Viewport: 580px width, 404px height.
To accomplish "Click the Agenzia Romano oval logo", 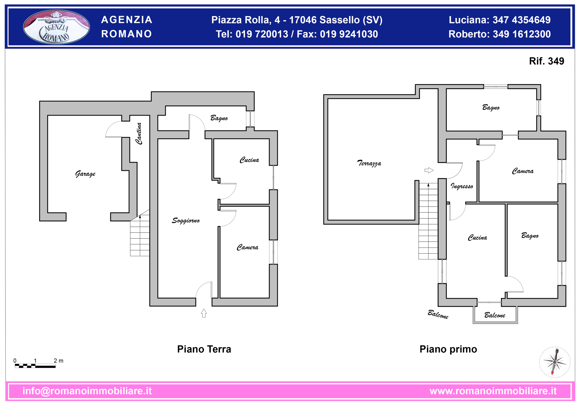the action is (x=56, y=27).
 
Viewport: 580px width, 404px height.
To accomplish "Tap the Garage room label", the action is (x=85, y=174).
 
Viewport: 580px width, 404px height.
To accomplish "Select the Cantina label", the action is (x=139, y=134).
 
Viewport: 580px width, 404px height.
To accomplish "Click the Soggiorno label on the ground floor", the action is (x=186, y=220).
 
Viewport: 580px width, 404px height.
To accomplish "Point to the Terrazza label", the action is (x=369, y=163).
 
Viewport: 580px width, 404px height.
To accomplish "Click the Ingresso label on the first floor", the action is (x=462, y=186).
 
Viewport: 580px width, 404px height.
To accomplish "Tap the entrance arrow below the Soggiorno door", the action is (x=204, y=313).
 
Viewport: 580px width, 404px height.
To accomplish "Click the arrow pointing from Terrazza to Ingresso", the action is (x=429, y=170).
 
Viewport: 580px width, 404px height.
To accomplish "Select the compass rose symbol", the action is (x=555, y=362).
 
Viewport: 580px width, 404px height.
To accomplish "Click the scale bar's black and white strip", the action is (x=35, y=366).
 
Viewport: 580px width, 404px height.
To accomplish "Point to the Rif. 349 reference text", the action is (x=547, y=61).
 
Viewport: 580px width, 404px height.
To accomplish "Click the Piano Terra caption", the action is (x=204, y=349).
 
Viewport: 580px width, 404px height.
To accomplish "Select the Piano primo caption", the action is (x=448, y=349).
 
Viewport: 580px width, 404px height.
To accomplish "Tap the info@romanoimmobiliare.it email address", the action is (x=87, y=391).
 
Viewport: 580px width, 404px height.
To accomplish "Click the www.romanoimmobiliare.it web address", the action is (x=493, y=391).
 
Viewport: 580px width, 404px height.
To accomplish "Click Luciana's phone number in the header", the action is (x=522, y=20).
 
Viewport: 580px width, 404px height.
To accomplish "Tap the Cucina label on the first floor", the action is (x=477, y=237).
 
